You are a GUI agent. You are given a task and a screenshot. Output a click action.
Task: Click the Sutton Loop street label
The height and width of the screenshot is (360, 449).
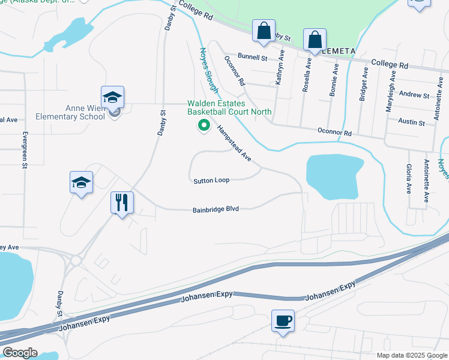211,181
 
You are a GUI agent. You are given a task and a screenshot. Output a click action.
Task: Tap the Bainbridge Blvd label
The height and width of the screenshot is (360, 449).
216,209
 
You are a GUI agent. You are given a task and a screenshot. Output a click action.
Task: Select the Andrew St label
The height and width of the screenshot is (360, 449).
414,95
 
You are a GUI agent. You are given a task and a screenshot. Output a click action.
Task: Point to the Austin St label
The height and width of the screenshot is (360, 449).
412,122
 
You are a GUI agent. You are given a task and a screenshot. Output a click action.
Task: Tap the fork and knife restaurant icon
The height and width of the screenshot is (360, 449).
121,203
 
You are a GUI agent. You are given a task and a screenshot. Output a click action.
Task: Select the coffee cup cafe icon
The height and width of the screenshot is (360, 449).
283,320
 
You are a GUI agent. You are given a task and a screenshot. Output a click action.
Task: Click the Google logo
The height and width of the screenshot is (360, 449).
20,353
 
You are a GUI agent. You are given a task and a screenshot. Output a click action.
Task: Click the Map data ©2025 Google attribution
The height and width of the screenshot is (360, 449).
411,355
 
